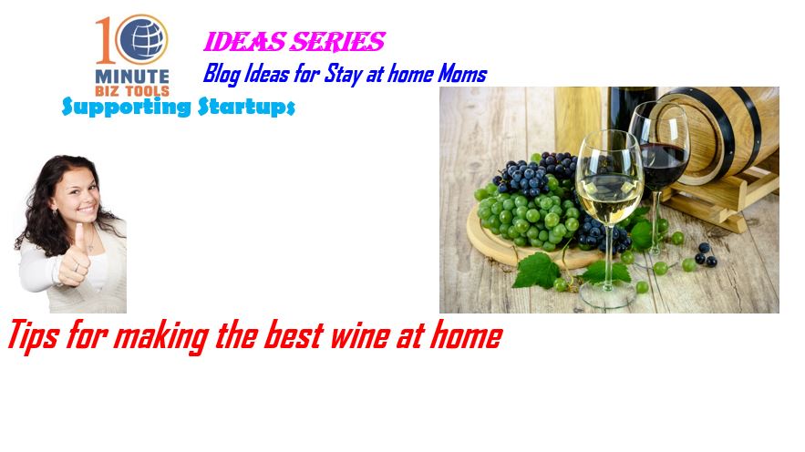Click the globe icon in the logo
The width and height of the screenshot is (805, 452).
(141, 39)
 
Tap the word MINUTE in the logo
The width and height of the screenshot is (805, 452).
(132, 77)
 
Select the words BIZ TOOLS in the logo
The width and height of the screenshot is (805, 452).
(132, 91)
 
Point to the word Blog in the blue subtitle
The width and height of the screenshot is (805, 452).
(222, 74)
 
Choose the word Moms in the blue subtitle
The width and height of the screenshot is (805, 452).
(462, 74)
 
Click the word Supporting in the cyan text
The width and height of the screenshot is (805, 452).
(127, 107)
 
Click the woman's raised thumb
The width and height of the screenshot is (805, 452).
(80, 237)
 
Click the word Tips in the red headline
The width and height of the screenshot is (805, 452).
(32, 336)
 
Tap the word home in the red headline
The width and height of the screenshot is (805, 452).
(466, 336)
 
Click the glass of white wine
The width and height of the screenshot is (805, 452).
(609, 215)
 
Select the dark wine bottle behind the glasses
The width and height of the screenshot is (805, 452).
(632, 110)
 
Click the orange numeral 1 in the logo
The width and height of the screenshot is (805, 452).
(105, 40)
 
